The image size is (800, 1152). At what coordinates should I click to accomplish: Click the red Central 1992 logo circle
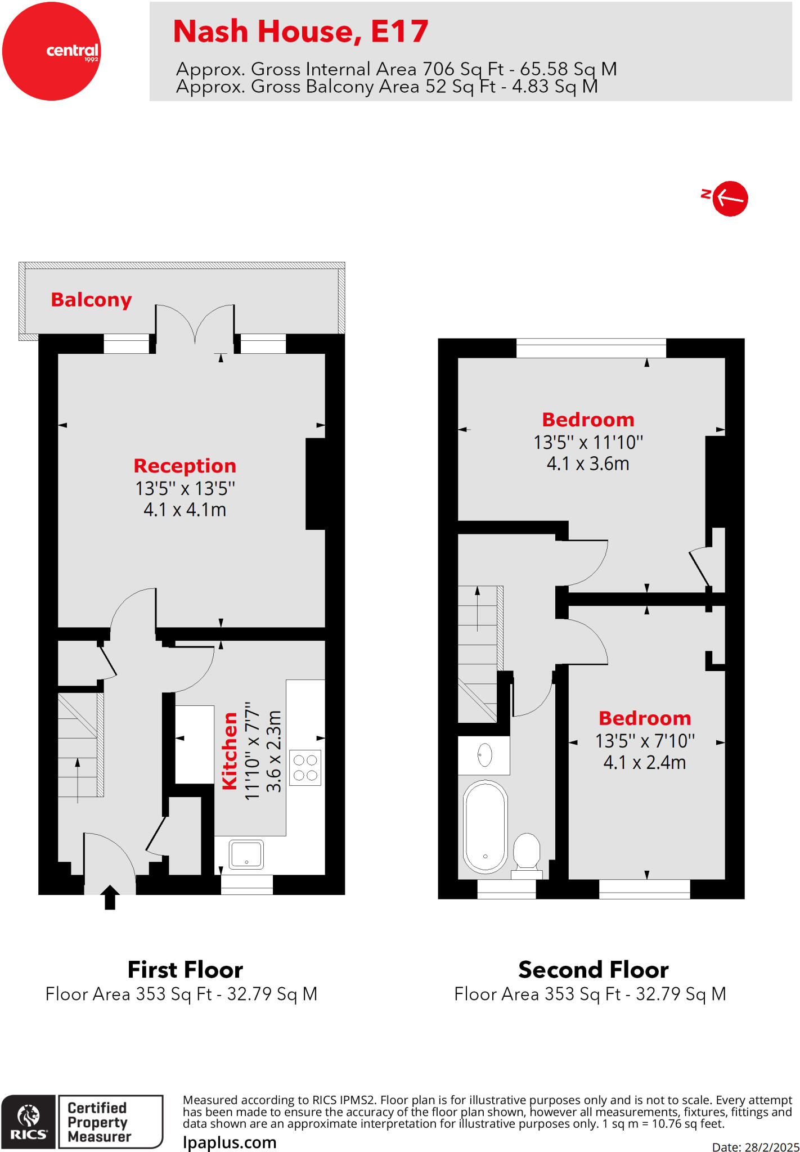pyautogui.click(x=51, y=51)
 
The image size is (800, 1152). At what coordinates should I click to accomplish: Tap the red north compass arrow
pyautogui.click(x=730, y=199)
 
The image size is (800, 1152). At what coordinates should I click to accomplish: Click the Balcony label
pyautogui.click(x=91, y=300)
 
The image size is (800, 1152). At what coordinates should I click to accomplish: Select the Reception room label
pyautogui.click(x=185, y=466)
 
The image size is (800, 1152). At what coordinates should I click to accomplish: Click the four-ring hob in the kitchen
pyautogui.click(x=305, y=768)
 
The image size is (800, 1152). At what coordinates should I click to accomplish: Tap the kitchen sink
pyautogui.click(x=246, y=854)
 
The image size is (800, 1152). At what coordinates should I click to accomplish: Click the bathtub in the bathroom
pyautogui.click(x=485, y=826)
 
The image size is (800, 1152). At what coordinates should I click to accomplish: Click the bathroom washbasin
pyautogui.click(x=484, y=755)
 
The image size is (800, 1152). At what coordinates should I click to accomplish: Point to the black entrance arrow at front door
pyautogui.click(x=110, y=897)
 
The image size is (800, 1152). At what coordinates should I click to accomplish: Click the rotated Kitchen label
pyautogui.click(x=230, y=751)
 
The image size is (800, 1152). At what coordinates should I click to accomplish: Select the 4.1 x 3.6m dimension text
pyautogui.click(x=588, y=463)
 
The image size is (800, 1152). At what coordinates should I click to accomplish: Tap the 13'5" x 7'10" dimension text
pyautogui.click(x=645, y=741)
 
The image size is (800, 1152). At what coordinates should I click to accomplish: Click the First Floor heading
pyautogui.click(x=185, y=970)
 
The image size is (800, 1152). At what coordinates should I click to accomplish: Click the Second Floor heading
pyautogui.click(x=593, y=970)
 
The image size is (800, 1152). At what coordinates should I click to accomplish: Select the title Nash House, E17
pyautogui.click(x=300, y=31)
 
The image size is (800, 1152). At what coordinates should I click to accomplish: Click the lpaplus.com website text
pyautogui.click(x=230, y=1142)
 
